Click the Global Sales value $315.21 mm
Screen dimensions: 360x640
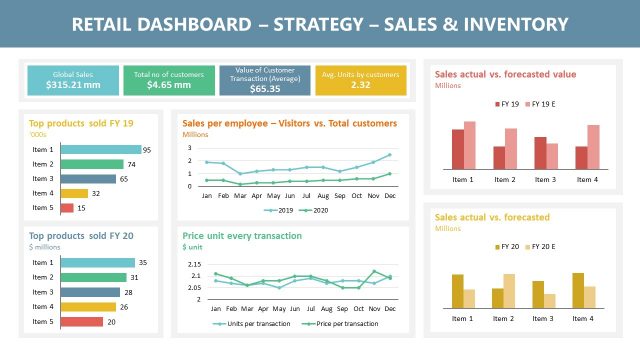[73, 86]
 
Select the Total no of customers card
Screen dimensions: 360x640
[169, 80]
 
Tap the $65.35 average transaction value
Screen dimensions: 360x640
[264, 89]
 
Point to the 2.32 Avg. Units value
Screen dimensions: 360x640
[361, 85]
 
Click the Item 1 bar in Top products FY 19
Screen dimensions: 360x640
[100, 150]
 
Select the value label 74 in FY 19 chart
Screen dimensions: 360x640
[131, 164]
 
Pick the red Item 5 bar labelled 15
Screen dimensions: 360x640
[67, 208]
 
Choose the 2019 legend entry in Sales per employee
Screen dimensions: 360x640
[279, 211]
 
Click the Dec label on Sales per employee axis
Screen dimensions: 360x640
[389, 196]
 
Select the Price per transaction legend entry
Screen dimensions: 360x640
[341, 324]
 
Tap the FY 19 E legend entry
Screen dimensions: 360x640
[541, 104]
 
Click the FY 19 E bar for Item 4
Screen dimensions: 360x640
[593, 146]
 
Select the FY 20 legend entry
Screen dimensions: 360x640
[506, 246]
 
